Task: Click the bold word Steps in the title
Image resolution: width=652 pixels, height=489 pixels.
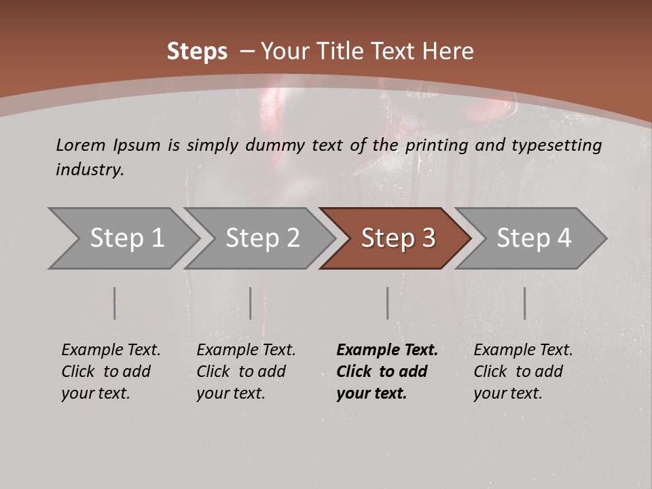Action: [x=197, y=52]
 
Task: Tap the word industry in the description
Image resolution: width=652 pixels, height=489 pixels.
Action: [x=90, y=170]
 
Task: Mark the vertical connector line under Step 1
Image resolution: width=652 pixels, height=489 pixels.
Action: [x=115, y=303]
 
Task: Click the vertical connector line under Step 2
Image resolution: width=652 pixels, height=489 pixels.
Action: [x=251, y=303]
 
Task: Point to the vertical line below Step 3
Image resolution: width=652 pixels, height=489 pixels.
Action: [x=388, y=303]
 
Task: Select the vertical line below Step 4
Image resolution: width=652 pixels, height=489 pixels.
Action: [x=525, y=303]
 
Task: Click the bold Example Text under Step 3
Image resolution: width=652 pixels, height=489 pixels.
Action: [x=387, y=350]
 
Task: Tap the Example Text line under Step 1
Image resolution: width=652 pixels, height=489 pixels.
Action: [x=111, y=350]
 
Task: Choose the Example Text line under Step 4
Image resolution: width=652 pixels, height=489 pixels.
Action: [x=523, y=350]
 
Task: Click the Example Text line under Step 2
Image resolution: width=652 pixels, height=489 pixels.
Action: [x=246, y=350]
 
